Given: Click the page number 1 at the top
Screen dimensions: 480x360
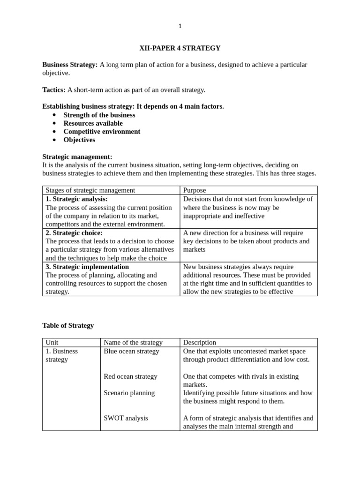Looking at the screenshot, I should coord(180,26).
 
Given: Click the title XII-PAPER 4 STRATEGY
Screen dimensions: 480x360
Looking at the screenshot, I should coord(180,48).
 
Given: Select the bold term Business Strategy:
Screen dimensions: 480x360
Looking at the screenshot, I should coord(70,65).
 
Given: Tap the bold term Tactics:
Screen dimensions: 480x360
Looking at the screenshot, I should coord(54,90).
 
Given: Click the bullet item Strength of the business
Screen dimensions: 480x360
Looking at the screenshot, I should coord(99,115).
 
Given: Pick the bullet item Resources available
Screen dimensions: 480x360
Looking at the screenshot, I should coord(93,123).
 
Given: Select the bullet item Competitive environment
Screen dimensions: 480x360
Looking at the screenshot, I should coord(102,132).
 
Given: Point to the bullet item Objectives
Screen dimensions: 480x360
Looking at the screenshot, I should coord(79,140).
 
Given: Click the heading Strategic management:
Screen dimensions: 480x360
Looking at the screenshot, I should coord(77,157).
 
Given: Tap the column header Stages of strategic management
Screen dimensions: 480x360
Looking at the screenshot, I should coord(90,190).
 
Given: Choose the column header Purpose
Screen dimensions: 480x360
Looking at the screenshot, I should coord(195,190).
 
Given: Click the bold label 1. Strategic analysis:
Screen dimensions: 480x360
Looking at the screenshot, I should coord(76,199).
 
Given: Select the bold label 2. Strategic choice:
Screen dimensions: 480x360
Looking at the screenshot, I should coord(74,233).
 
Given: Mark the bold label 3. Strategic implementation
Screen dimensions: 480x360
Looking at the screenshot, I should coord(87,267).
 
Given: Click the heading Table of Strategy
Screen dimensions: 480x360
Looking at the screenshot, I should coord(68,325).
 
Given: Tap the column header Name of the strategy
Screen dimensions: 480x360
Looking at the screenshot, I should coord(133,343).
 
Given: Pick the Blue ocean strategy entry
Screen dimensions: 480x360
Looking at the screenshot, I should coord(131,351).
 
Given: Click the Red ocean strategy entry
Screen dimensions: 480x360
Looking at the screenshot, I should coord(130,376).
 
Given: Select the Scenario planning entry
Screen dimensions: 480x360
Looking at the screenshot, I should coord(129,393).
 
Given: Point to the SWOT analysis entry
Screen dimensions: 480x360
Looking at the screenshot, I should coord(126,418).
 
